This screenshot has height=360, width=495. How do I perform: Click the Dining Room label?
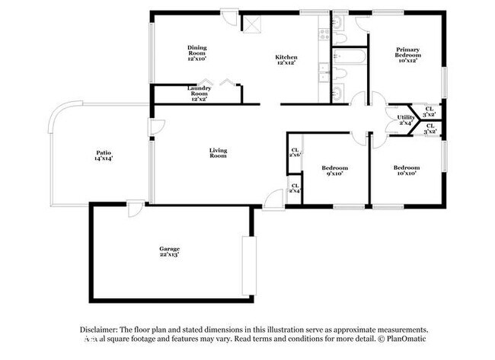point(197,48)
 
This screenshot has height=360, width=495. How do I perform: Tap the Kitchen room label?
point(286,57)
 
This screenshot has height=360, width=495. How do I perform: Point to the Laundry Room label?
point(199,89)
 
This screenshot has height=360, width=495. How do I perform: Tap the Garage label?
point(169,249)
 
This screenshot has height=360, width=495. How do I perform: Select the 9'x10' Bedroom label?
point(334,167)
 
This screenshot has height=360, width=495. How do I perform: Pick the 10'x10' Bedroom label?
point(405,167)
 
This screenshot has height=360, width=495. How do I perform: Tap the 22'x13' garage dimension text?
point(169,256)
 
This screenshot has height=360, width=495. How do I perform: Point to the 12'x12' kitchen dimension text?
point(286,63)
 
